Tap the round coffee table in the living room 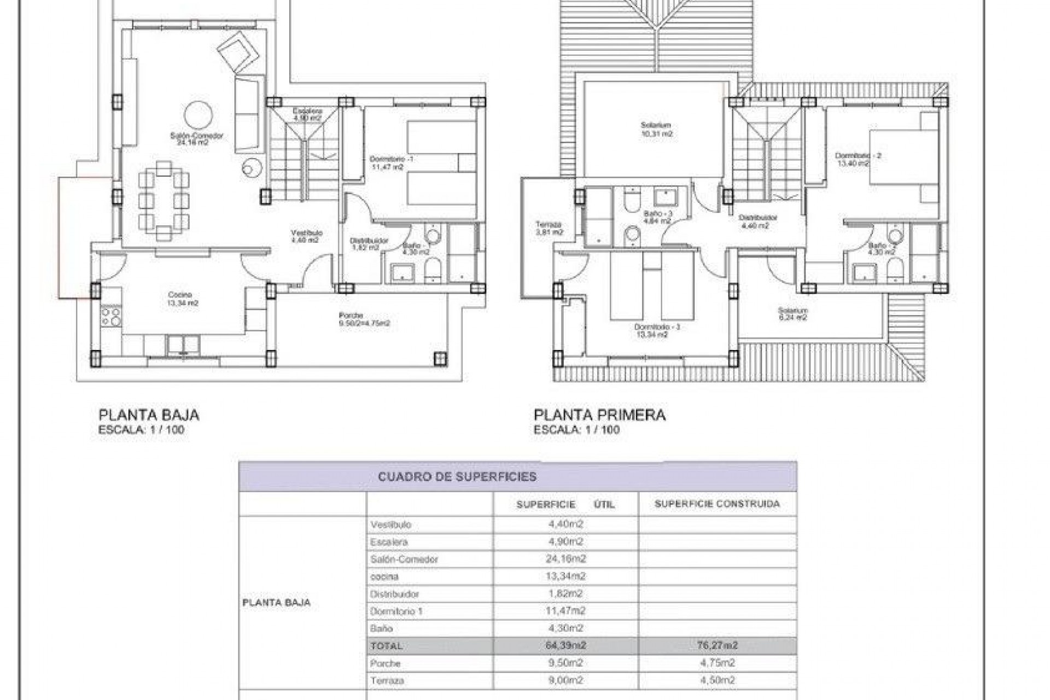[x=199, y=115]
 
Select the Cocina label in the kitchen [x=183, y=299]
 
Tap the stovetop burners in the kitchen [x=111, y=317]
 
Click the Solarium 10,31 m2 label [x=656, y=129]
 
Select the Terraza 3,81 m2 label [x=548, y=228]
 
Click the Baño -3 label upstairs [x=656, y=217]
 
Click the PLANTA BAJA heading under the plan [x=148, y=415]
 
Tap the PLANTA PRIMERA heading [x=599, y=415]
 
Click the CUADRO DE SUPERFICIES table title [x=457, y=477]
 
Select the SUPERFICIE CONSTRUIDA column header [x=716, y=504]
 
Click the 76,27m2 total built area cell [x=716, y=645]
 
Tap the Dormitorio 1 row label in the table [x=396, y=611]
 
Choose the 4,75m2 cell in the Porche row [x=716, y=663]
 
